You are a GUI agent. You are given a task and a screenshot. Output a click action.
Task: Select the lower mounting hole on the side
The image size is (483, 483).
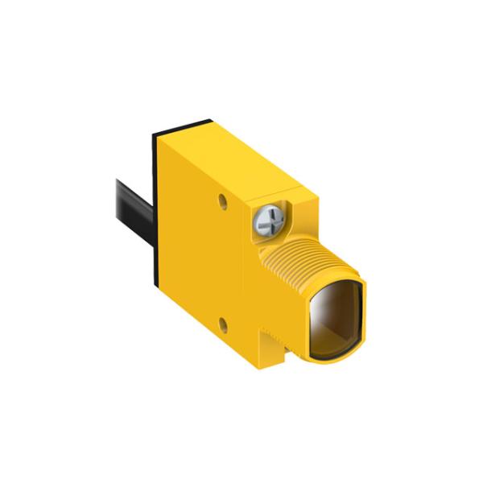click(x=224, y=326)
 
